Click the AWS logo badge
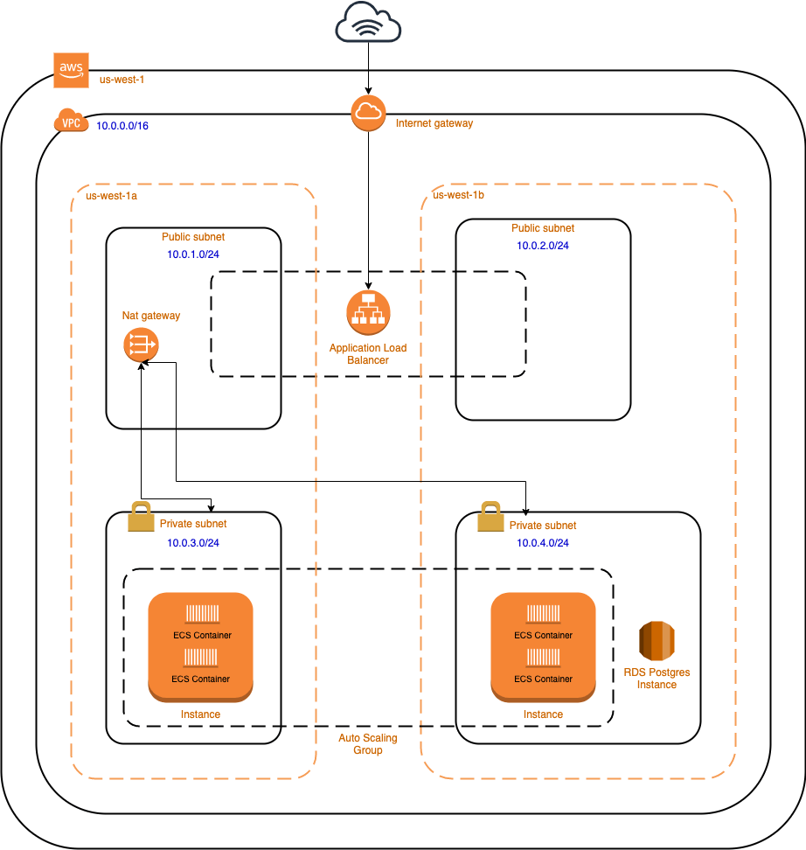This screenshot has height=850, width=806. tap(72, 70)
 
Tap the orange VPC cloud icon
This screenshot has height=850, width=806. tap(71, 122)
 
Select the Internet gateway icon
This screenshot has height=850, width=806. tap(368, 114)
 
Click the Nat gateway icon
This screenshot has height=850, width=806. tap(141, 345)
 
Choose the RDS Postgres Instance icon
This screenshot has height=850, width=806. tap(657, 641)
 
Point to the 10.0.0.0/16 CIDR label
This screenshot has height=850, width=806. tap(122, 126)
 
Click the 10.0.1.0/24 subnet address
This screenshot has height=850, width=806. tap(193, 254)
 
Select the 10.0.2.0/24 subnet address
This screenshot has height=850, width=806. tap(543, 246)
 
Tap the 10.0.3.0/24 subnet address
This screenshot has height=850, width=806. tap(193, 543)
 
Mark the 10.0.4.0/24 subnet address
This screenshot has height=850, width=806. tap(543, 543)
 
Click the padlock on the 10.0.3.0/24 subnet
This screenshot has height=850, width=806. tap(141, 517)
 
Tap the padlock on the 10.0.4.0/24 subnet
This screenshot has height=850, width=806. tap(490, 517)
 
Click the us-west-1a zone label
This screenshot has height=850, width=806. tap(111, 196)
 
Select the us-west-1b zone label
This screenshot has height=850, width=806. tap(459, 195)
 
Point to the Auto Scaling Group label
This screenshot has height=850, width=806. tap(368, 744)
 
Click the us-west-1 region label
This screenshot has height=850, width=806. tap(122, 80)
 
